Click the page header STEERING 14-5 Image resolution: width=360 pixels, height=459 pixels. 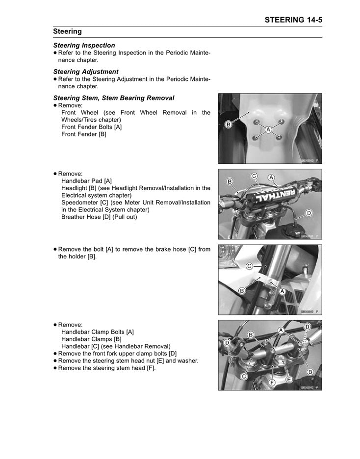(x=293, y=20)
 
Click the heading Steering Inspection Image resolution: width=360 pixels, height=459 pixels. (x=84, y=45)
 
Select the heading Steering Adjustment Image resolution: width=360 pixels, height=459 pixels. (x=85, y=72)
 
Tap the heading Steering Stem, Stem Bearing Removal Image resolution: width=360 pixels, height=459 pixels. (x=113, y=98)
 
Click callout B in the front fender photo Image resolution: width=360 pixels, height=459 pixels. (x=228, y=125)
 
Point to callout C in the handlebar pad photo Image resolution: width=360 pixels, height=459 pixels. (x=254, y=176)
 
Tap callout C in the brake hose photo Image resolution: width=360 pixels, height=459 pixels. (x=249, y=266)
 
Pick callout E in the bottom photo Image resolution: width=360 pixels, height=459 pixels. (x=289, y=380)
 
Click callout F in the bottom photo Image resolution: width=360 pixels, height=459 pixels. (x=273, y=382)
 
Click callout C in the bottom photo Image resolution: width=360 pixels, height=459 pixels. (x=243, y=376)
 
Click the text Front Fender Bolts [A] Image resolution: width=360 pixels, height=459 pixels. (x=91, y=127)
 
